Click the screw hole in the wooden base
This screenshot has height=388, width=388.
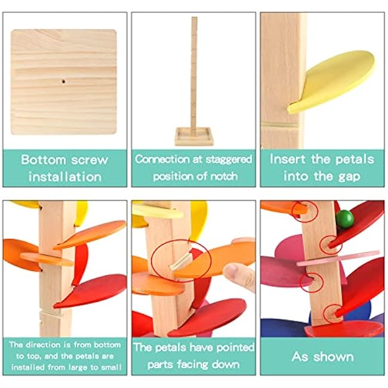pos(64,81)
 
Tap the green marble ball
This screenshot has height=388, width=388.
pos(344,218)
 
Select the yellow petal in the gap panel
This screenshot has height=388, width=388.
pos(331,82)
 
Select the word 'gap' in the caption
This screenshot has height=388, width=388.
pos(349,177)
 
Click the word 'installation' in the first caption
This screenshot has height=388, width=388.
pos(65,177)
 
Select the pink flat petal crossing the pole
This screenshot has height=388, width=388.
pos(338,258)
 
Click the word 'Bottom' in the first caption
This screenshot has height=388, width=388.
pos(44,159)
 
